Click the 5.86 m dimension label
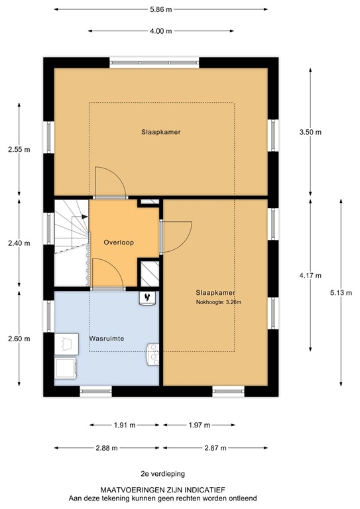[x=160, y=10]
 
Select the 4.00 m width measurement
[x=160, y=31]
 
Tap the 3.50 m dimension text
[x=310, y=132]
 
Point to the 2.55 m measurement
[x=19, y=149]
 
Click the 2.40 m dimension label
[x=19, y=243]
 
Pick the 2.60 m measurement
[x=19, y=339]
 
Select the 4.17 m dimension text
[x=310, y=275]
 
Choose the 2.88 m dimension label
[x=105, y=448]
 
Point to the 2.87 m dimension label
[x=215, y=448]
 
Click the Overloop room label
[x=119, y=243]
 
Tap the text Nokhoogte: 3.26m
[x=215, y=302]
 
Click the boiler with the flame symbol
[x=147, y=298]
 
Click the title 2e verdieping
[x=162, y=473]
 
